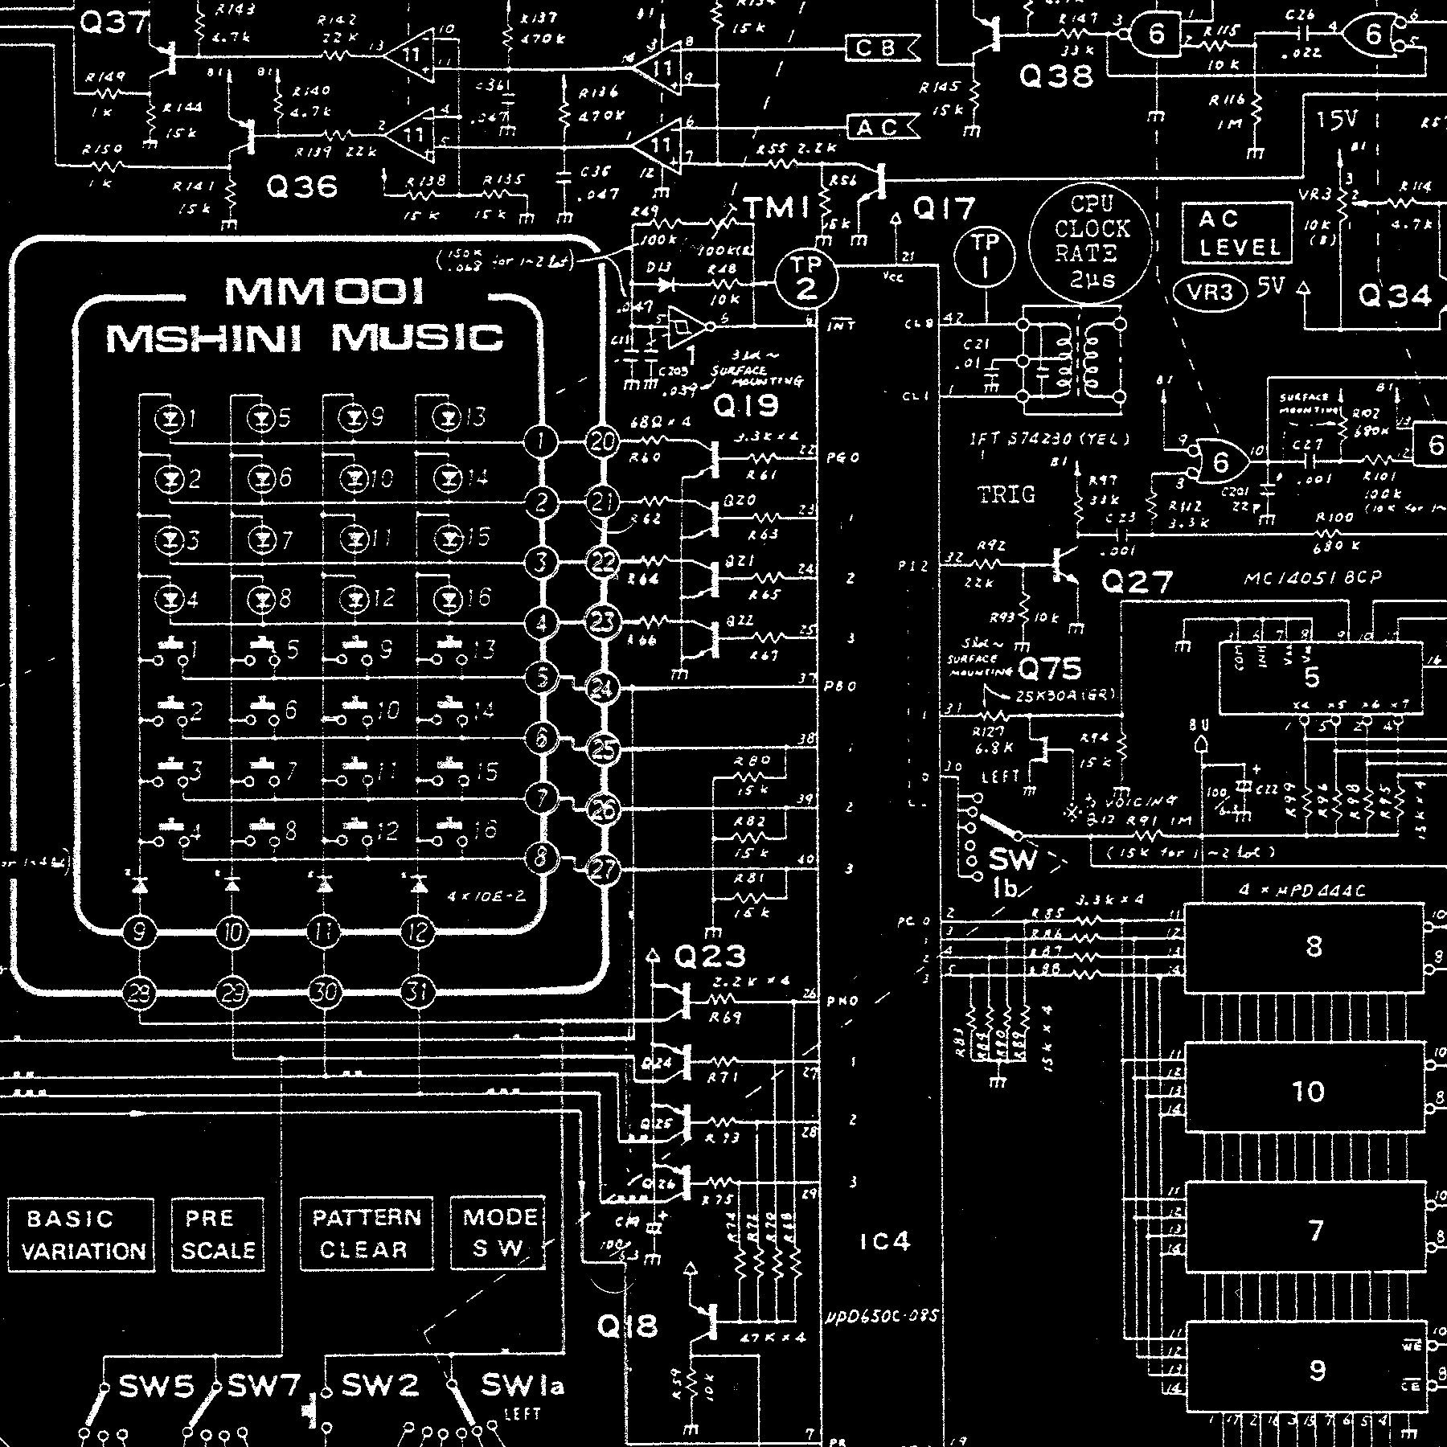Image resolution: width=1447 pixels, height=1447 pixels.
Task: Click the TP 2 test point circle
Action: point(805,277)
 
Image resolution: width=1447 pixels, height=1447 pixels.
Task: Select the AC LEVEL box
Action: point(1237,232)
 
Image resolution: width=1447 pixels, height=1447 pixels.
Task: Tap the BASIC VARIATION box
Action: point(80,1235)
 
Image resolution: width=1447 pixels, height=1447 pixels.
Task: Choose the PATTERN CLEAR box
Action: point(366,1234)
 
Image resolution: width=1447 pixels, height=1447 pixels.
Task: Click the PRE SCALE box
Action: point(218,1235)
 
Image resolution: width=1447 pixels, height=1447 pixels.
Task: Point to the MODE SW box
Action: point(498,1233)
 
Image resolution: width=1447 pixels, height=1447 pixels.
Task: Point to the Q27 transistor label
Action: point(1137,580)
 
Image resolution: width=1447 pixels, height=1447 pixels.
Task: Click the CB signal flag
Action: point(882,48)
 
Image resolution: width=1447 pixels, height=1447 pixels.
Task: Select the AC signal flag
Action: point(882,127)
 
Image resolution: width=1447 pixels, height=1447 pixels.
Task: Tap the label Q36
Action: point(301,187)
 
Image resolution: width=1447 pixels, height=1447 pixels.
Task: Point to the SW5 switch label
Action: point(156,1385)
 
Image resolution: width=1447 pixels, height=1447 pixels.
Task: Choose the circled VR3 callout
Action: point(1211,292)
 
